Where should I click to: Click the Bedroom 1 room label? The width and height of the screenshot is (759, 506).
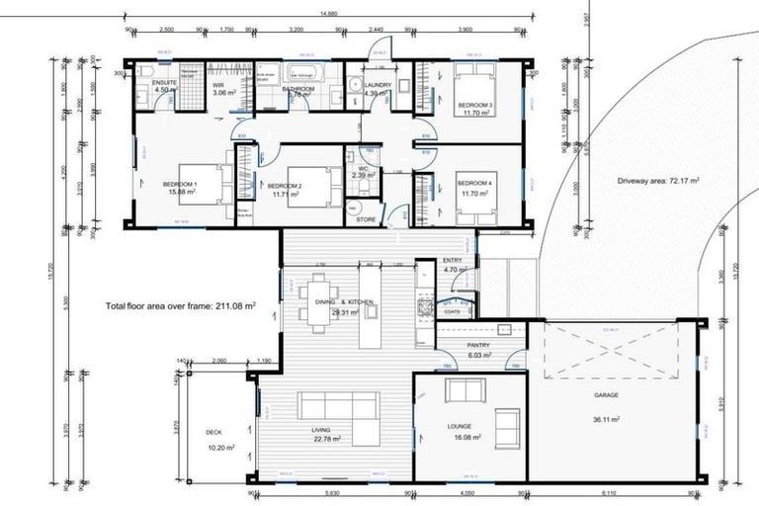pos(180,184)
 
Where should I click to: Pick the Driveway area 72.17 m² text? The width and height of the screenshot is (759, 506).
pos(658,182)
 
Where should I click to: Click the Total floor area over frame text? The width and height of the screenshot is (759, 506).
pos(179,307)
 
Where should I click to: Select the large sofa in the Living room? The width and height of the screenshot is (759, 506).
pos(338,407)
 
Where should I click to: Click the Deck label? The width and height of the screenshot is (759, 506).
pos(215,432)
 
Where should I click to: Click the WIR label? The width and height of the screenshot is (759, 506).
pos(219,85)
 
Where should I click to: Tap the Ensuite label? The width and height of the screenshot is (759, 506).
pos(164,84)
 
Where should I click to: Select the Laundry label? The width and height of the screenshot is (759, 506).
pos(377,85)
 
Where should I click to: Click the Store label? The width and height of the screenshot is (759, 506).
pos(365,219)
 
